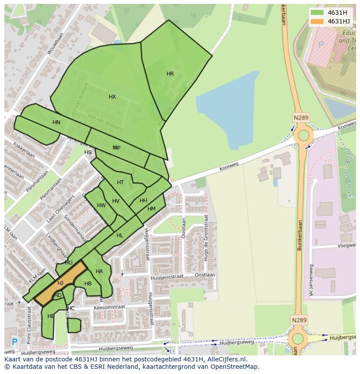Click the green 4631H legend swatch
317,13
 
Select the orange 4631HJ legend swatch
317,21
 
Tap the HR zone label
170,74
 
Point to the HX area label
112,97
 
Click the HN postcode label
56,122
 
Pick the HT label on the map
120,182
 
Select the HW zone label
101,205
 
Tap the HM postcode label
151,209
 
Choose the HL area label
120,235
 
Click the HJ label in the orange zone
60,283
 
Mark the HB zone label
88,284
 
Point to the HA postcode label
99,271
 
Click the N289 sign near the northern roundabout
300,117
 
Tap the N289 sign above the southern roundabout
299,320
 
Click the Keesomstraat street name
109,307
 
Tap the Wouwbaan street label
55,43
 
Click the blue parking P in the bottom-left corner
14,342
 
